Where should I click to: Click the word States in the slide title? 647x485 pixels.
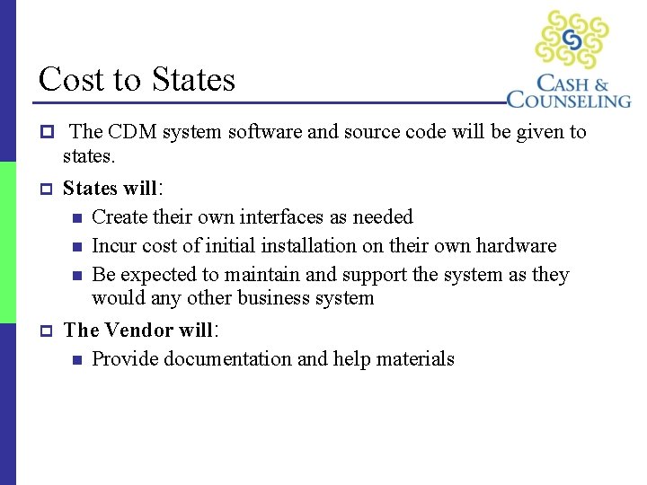pyautogui.click(x=193, y=80)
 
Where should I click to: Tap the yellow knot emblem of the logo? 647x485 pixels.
pyautogui.click(x=572, y=40)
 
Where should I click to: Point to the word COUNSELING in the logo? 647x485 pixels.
pyautogui.click(x=569, y=98)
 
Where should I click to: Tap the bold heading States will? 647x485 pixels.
pyautogui.click(x=109, y=188)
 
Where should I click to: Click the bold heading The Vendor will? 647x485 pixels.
pyautogui.click(x=137, y=330)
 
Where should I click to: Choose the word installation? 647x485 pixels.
pyautogui.click(x=295, y=245)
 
